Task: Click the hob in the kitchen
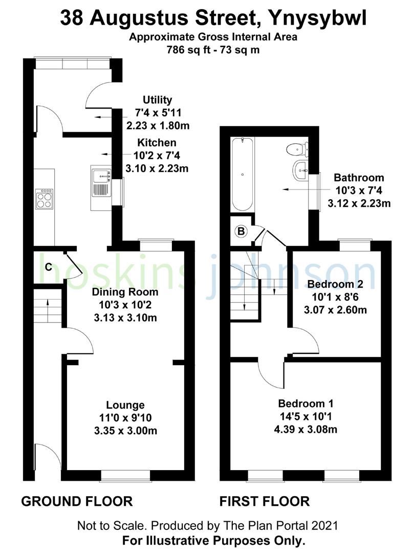pyautogui.click(x=44, y=199)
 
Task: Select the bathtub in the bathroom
pyautogui.click(x=242, y=174)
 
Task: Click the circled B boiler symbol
pyautogui.click(x=241, y=231)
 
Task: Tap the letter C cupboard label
pyautogui.click(x=48, y=267)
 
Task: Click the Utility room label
pyautogui.click(x=157, y=100)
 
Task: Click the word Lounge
pyautogui.click(x=125, y=406)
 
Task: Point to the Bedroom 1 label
pyautogui.click(x=304, y=403)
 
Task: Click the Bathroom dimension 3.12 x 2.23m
pyautogui.click(x=359, y=203)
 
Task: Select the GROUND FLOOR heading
pyautogui.click(x=77, y=501)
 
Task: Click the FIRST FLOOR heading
pyautogui.click(x=265, y=501)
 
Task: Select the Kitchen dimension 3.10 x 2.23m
pyautogui.click(x=157, y=167)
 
